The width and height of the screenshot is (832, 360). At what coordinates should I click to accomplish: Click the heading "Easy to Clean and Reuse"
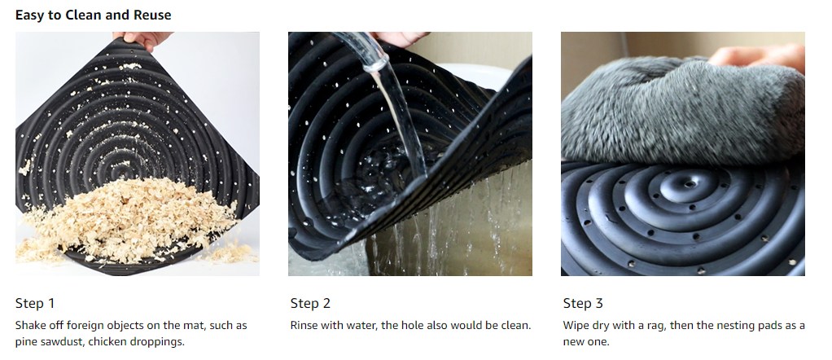[x=94, y=15]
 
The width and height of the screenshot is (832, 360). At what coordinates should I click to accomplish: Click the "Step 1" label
[x=35, y=303]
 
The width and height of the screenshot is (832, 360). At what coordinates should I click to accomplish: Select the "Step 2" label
[x=310, y=303]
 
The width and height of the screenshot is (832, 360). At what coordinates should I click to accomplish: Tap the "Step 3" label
[x=583, y=303]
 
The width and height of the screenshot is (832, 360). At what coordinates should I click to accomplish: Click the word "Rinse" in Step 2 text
[x=304, y=325]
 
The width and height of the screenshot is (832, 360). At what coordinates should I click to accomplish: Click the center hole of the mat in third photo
[x=689, y=184]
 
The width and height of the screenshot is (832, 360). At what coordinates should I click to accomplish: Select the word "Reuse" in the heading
[x=151, y=15]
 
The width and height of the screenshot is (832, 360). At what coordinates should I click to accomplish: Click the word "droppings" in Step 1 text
[x=158, y=342]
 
